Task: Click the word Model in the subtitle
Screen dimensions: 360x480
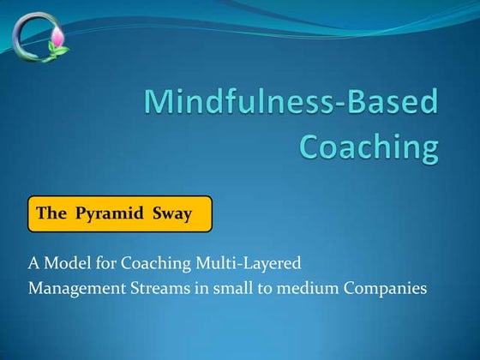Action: (x=64, y=263)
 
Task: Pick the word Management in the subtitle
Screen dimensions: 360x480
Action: (x=73, y=288)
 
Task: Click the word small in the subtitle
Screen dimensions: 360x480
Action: (x=232, y=288)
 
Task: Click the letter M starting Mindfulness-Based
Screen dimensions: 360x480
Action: (x=157, y=104)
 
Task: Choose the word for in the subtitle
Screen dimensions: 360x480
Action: (x=107, y=263)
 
